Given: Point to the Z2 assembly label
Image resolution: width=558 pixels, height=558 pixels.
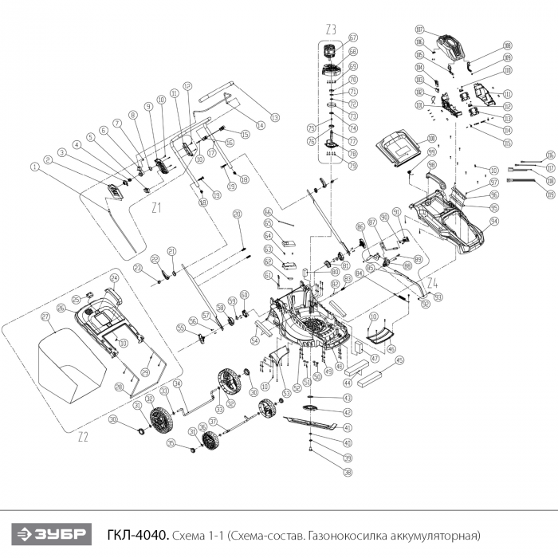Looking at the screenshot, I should coord(83,437).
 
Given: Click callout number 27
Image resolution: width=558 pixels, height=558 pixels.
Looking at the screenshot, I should coord(45,316).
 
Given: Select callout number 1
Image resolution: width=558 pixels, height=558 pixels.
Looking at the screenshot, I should coord(34,167).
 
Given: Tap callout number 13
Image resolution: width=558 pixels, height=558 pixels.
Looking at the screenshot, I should coord(275,118).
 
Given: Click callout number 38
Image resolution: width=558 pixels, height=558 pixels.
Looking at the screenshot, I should coord(347,472).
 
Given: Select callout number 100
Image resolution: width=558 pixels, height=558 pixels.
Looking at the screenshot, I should coord(411,138).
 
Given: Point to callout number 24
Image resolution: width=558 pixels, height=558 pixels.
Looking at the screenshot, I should coord(114,277).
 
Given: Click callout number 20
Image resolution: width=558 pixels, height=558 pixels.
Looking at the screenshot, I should coord(236,214).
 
